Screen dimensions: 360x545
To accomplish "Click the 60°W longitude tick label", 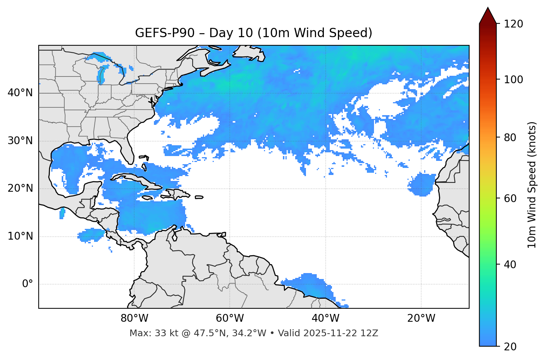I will [x=229, y=318].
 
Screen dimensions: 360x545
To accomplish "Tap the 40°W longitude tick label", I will [x=325, y=318].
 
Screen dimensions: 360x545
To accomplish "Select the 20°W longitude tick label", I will [x=421, y=318].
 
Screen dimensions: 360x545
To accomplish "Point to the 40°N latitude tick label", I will [x=20, y=93].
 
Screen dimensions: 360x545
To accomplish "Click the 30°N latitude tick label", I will [x=20, y=141].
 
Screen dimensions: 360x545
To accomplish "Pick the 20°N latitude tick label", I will [x=20, y=188].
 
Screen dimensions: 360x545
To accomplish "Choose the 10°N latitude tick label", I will [x=20, y=236].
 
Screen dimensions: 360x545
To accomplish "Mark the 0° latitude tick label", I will [x=28, y=284].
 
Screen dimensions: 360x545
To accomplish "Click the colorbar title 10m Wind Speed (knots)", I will [x=532, y=185].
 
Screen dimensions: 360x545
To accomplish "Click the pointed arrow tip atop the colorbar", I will [x=488, y=9].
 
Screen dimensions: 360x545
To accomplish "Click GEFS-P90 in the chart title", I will [x=165, y=33].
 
